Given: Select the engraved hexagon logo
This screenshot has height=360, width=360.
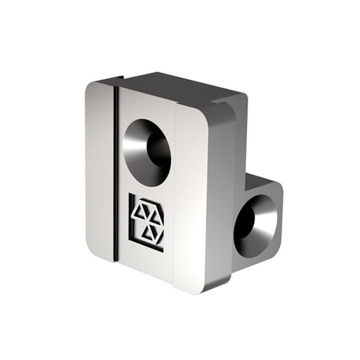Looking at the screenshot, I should coord(147,222).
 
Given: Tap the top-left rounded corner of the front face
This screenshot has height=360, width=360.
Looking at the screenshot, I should coord(91,87).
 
